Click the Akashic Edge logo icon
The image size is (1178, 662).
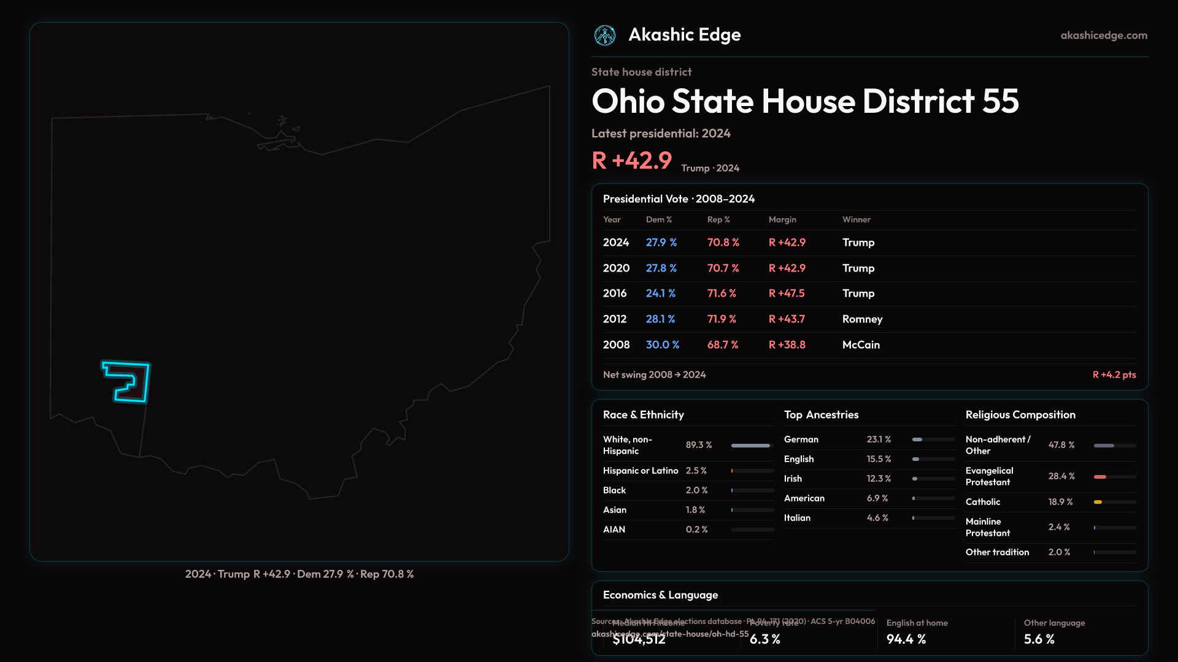(x=605, y=36)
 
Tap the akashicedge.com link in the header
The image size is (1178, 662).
(x=1104, y=36)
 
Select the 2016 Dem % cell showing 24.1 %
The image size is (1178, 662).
(x=660, y=294)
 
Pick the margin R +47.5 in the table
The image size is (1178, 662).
(x=787, y=294)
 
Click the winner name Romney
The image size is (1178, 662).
(x=862, y=319)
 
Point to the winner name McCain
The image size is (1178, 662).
(x=861, y=345)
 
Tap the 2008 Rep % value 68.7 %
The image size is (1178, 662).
(x=722, y=345)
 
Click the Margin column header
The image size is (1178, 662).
(x=782, y=219)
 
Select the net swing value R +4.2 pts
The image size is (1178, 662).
(x=1114, y=375)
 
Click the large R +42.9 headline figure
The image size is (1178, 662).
(x=632, y=161)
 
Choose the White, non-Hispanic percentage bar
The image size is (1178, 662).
(x=750, y=446)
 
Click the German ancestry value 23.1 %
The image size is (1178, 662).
(x=879, y=439)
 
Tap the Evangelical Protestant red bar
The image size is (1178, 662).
(x=1100, y=477)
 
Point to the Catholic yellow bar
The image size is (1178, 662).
(x=1098, y=502)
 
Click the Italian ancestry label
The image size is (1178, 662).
(x=797, y=518)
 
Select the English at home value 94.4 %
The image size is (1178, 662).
(x=906, y=639)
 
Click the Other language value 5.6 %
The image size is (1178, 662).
(x=1039, y=639)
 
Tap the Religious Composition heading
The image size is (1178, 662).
(x=1020, y=415)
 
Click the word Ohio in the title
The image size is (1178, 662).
(x=628, y=101)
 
